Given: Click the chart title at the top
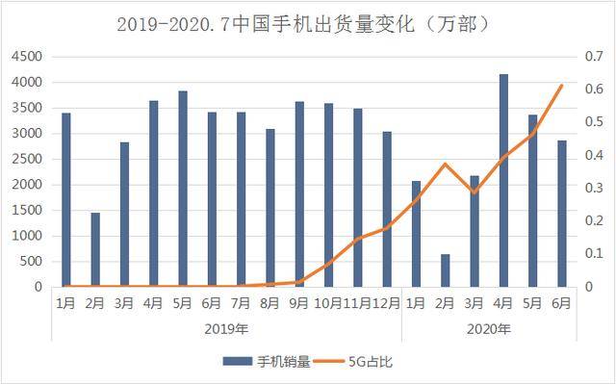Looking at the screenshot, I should [x=308, y=22].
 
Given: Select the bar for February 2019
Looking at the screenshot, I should [x=95, y=249].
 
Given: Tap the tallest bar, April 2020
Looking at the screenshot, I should [x=503, y=180].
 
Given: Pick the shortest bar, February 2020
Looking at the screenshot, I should [x=445, y=270].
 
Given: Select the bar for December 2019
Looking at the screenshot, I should [x=387, y=209].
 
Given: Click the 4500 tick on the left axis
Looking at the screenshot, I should [x=26, y=57].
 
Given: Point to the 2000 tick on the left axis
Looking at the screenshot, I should [x=26, y=185].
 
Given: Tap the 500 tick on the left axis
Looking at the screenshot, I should [x=29, y=261].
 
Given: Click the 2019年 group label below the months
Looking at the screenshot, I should [x=226, y=329].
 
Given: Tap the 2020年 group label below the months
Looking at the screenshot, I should [x=489, y=329].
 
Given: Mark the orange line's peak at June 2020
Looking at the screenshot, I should [x=562, y=86].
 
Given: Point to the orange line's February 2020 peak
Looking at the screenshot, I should [x=445, y=164].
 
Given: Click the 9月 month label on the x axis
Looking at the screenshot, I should [x=299, y=303].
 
